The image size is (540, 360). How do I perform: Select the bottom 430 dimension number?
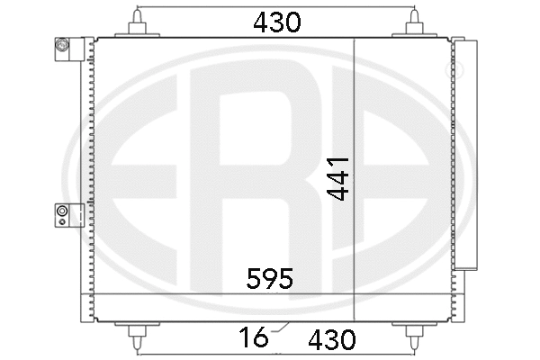331,339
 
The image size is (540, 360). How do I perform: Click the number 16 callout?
255,338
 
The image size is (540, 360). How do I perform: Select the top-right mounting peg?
415,27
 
